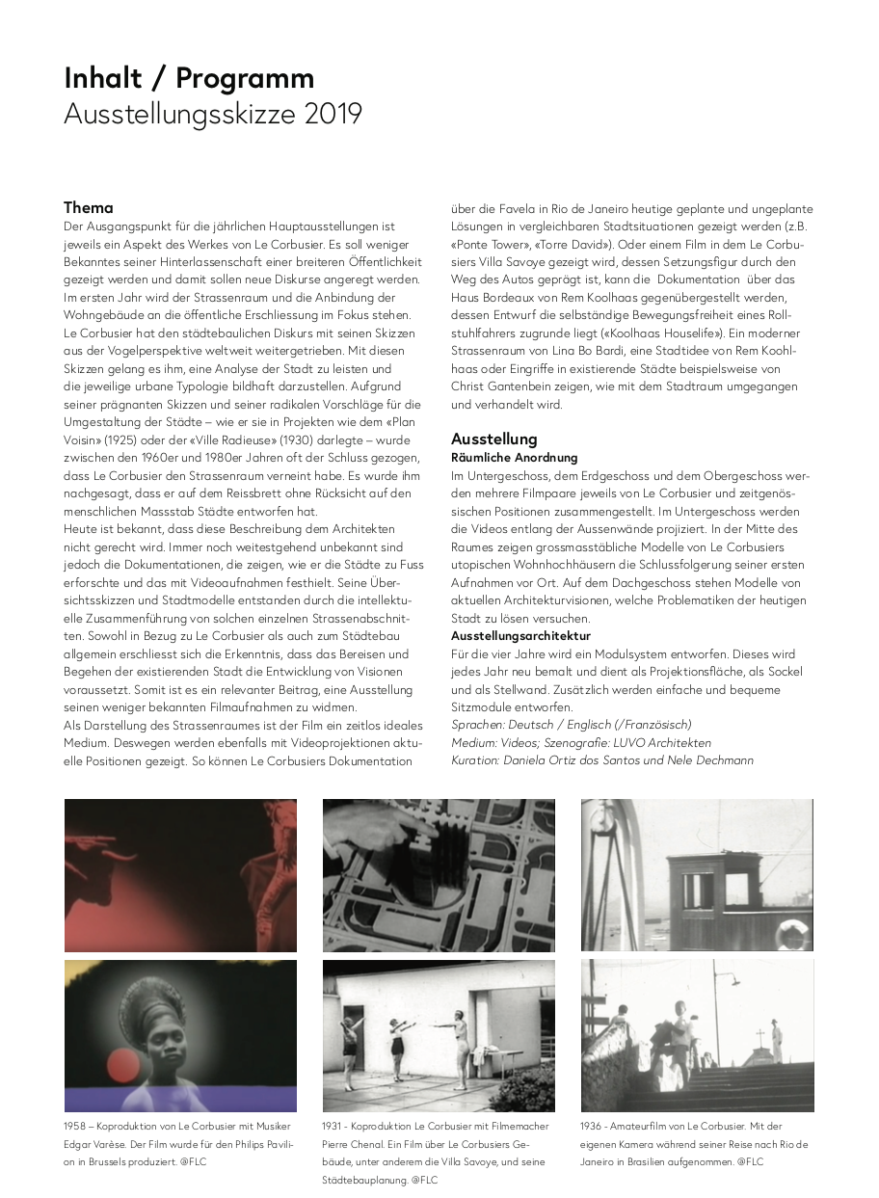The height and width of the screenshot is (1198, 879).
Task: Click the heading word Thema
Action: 89,207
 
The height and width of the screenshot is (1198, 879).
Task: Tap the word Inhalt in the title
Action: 103,77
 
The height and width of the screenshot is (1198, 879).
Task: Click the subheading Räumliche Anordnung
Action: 515,458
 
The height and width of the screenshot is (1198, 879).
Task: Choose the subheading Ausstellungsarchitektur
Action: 520,636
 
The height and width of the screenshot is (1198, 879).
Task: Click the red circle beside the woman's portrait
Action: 122,1064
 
